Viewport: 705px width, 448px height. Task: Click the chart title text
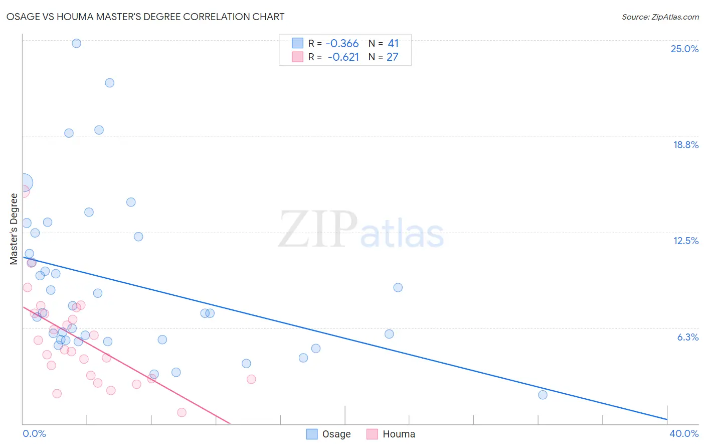click(x=145, y=17)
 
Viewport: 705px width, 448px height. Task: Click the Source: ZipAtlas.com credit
click(x=660, y=17)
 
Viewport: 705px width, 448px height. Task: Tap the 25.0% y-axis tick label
click(x=684, y=49)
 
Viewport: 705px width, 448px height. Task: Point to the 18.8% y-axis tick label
click(x=685, y=145)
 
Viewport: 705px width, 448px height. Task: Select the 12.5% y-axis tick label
click(x=685, y=241)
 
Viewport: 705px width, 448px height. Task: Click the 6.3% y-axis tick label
click(x=687, y=337)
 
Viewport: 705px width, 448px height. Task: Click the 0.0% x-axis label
click(x=34, y=433)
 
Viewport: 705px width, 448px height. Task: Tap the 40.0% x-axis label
click(x=683, y=433)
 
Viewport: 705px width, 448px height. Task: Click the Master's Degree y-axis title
click(x=14, y=229)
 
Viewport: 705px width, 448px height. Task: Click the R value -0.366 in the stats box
click(x=342, y=44)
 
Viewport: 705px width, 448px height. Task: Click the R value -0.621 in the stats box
click(x=343, y=57)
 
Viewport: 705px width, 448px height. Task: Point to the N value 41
click(x=393, y=44)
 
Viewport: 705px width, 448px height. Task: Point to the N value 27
click(x=392, y=57)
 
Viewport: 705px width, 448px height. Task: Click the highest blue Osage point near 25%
click(x=76, y=43)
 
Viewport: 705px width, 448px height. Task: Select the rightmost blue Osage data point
click(x=543, y=395)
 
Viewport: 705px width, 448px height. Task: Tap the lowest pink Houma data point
click(x=182, y=412)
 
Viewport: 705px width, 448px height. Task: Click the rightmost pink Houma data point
click(x=251, y=379)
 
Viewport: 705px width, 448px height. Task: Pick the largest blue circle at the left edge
click(x=24, y=183)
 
